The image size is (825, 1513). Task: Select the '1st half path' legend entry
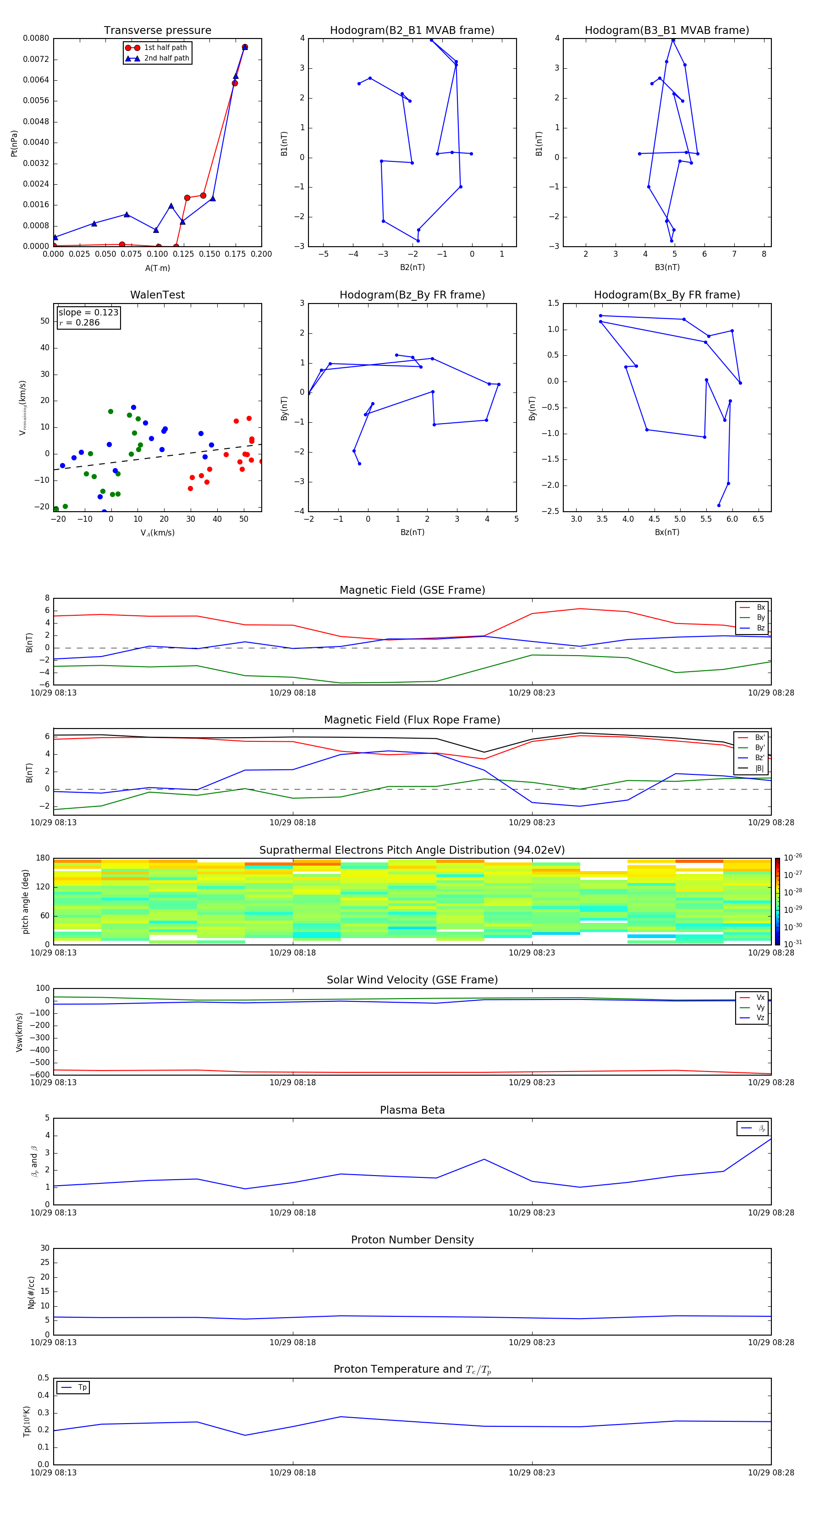(165, 48)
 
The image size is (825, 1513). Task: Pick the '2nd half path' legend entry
(166, 58)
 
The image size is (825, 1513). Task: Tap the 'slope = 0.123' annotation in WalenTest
(88, 313)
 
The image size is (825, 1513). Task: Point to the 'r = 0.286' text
(79, 322)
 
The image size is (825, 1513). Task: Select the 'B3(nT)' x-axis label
(667, 267)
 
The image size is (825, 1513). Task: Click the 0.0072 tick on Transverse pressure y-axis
(36, 59)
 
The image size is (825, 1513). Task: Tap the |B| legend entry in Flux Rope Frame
(759, 768)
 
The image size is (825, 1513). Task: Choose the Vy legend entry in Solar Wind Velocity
(760, 1007)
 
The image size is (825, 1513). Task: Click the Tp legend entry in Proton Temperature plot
(82, 1387)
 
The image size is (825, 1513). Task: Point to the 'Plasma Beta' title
(412, 1110)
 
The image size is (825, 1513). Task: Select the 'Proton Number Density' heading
(412, 1240)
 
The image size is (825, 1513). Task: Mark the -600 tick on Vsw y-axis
(40, 1075)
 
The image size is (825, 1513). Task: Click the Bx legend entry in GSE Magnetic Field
(760, 607)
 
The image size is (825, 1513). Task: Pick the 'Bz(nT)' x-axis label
(412, 532)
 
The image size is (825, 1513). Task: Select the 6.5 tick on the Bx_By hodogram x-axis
(758, 519)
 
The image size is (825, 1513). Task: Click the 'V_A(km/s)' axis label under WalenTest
(157, 533)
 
